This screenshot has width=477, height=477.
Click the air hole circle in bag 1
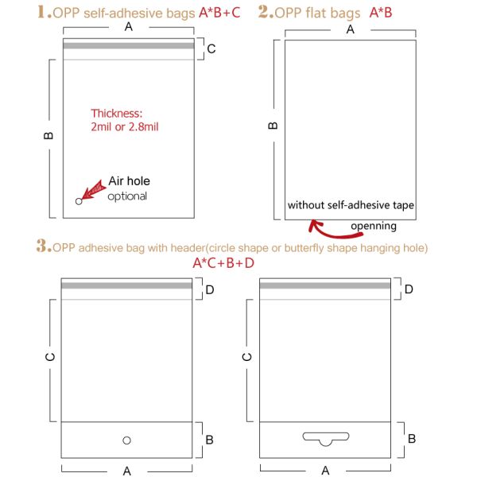coord(79,201)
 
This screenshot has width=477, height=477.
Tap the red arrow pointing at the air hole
coord(93,190)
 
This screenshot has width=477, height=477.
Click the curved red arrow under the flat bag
coord(335,231)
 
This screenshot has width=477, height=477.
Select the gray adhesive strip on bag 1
coord(129,46)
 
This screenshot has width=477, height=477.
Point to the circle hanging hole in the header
coord(127,440)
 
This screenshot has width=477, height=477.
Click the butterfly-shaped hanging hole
coord(326,436)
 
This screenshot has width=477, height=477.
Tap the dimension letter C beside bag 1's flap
coord(211,48)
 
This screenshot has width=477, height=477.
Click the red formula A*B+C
coord(219,13)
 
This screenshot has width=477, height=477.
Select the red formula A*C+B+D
coord(223,263)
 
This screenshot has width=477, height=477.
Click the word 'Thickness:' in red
coord(117,114)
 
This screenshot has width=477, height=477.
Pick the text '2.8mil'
coord(144,127)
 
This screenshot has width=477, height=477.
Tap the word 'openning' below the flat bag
coord(374,227)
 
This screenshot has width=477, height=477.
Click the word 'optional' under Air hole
coord(127,196)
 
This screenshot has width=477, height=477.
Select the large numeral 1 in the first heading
coord(42,12)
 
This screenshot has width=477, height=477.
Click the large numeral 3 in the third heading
coord(41,246)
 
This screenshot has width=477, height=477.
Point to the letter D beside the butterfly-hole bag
coord(409,289)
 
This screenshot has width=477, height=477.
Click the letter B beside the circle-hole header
coord(209,440)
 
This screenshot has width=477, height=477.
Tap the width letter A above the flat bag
coord(351,29)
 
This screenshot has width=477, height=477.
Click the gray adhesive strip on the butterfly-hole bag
coord(325,285)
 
